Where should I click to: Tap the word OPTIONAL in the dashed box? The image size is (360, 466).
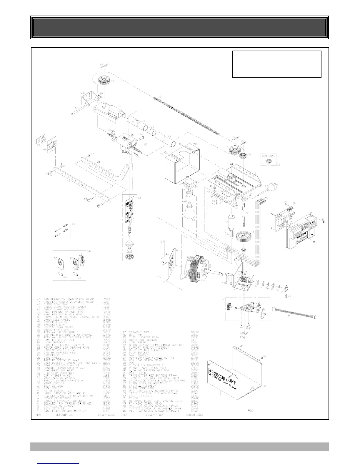click(x=268, y=156)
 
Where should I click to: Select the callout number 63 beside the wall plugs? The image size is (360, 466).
click(x=73, y=224)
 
